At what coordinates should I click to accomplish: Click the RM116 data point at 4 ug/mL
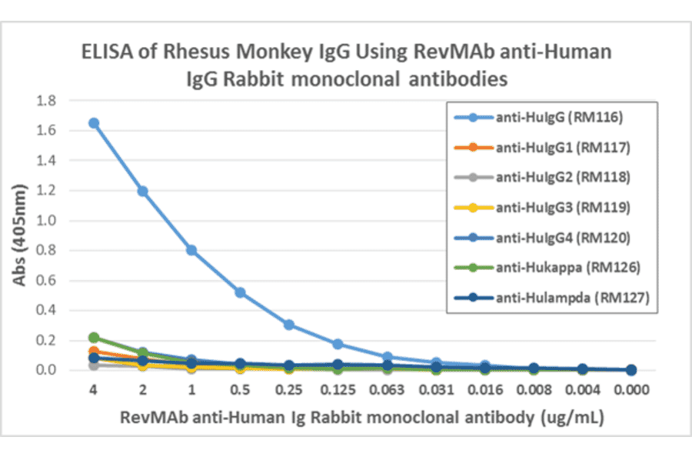[x=93, y=123]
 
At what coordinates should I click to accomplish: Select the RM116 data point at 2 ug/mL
[x=142, y=191]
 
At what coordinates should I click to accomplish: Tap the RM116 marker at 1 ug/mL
[x=191, y=250]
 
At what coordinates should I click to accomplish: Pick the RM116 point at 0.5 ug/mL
[x=240, y=292]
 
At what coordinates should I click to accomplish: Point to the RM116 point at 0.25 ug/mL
[x=289, y=325]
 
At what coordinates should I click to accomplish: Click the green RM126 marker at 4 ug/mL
[x=94, y=338]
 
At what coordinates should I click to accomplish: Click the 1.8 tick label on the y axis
[x=48, y=101]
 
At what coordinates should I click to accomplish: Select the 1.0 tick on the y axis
[x=48, y=221]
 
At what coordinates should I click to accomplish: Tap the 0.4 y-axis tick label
[x=48, y=310]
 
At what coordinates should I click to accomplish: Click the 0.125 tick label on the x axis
[x=338, y=390]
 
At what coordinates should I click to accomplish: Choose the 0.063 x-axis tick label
[x=387, y=390]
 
